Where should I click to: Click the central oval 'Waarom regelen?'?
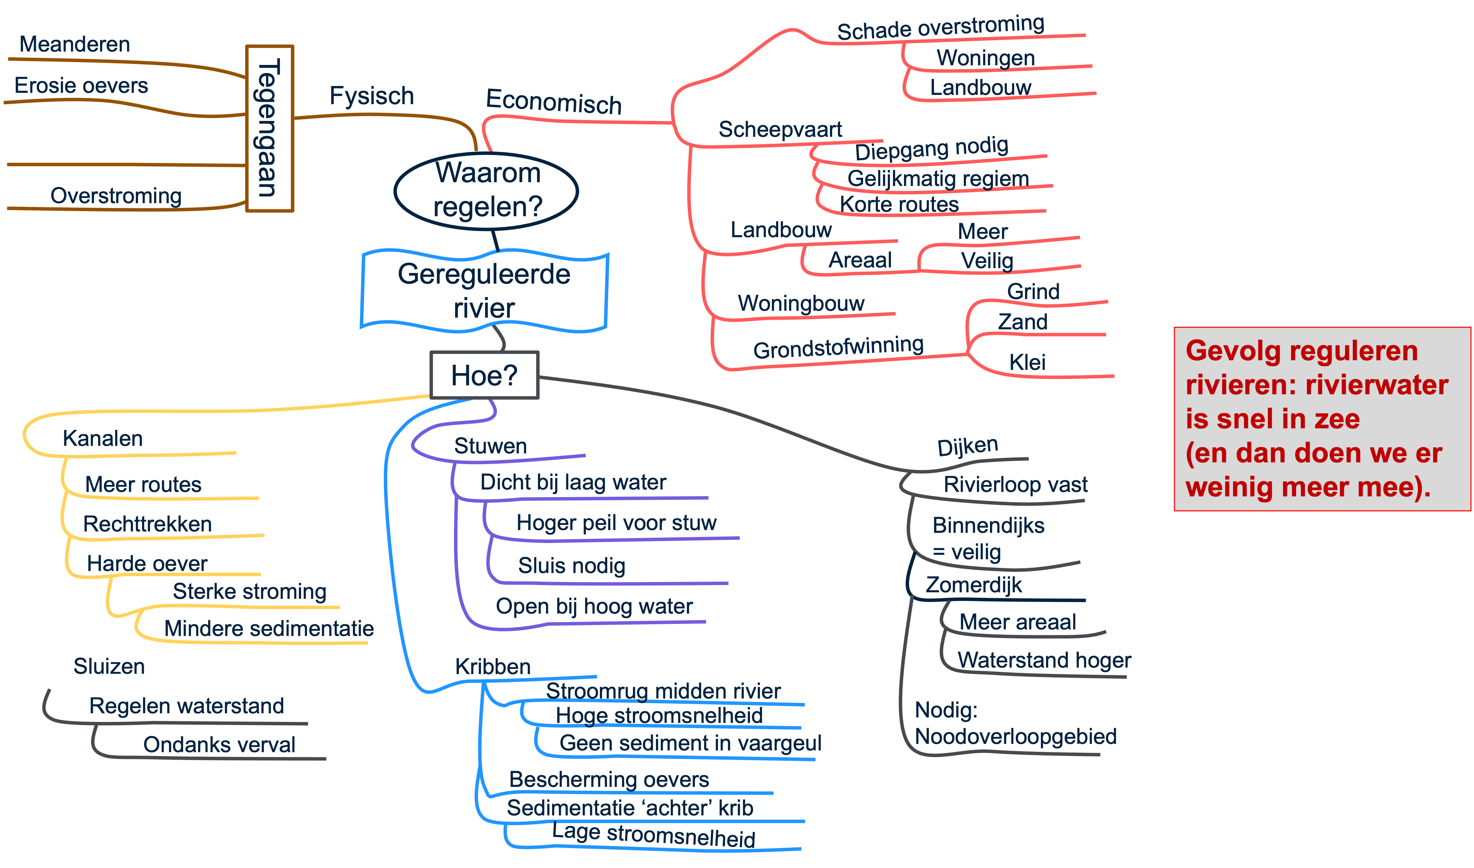[487, 190]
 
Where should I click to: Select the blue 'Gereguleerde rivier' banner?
[484, 291]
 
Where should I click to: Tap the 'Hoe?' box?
[484, 375]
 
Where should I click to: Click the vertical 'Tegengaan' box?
[269, 128]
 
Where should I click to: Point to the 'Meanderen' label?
[75, 44]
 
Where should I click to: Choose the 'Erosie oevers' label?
[81, 86]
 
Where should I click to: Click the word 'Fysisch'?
[372, 96]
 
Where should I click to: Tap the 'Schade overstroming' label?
[940, 28]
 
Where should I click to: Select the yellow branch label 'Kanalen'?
[103, 439]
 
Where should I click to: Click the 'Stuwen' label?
[490, 446]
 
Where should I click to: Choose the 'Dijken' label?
[967, 447]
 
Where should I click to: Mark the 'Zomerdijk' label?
[974, 585]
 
